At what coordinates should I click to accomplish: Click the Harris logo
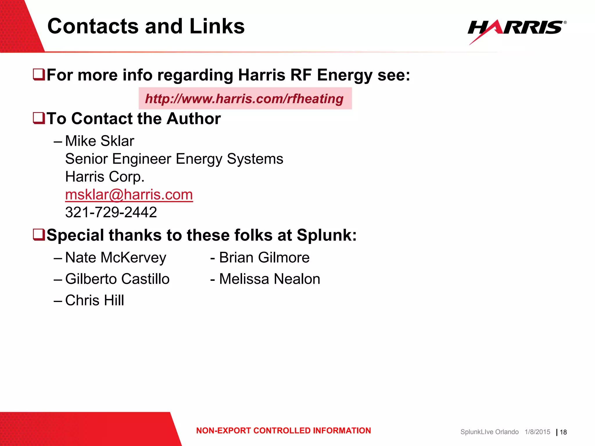[517, 29]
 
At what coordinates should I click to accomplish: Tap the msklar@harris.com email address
[129, 195]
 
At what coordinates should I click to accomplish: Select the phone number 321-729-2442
[111, 212]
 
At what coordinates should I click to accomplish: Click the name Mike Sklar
[100, 141]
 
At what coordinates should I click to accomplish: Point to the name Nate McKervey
[116, 258]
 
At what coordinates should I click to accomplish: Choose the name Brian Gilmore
[264, 258]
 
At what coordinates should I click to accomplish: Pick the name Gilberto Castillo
[117, 279]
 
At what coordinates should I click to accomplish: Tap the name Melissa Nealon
[269, 279]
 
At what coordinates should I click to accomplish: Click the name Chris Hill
[95, 300]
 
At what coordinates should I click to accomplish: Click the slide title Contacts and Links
[146, 26]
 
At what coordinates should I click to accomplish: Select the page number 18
[563, 432]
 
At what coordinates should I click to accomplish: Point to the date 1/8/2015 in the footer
[537, 432]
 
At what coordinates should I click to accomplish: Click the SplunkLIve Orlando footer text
[489, 432]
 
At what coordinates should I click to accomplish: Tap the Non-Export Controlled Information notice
[284, 431]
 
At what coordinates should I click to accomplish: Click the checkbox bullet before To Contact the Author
[39, 118]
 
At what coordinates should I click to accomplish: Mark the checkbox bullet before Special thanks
[39, 235]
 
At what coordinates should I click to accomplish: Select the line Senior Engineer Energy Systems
[174, 159]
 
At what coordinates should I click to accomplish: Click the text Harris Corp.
[105, 177]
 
